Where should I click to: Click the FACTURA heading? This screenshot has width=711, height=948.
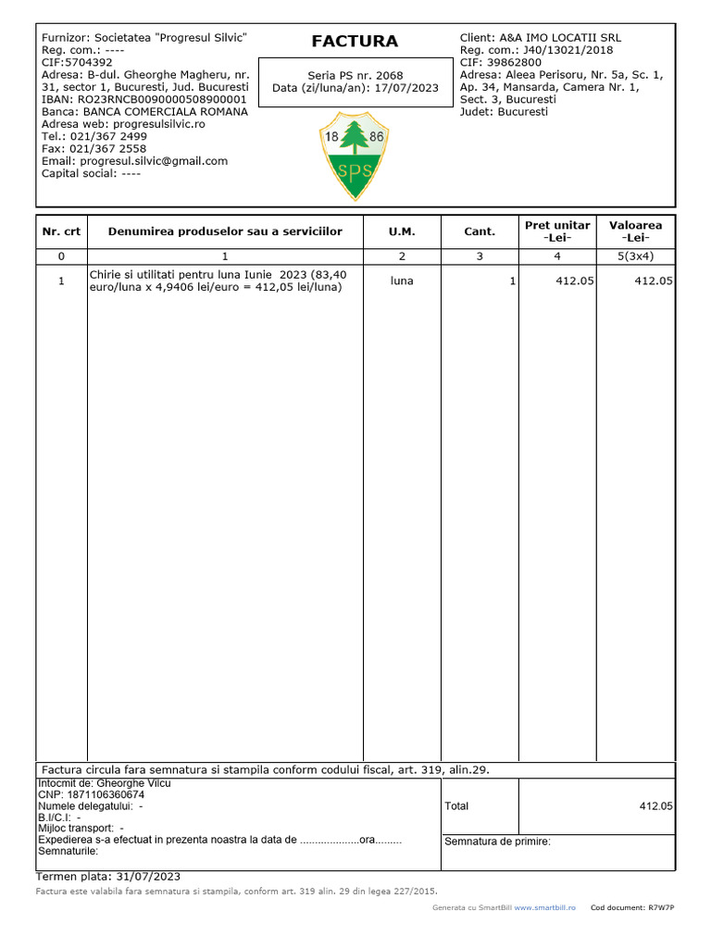point(355,41)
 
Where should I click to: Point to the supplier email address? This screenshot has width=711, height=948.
point(155,160)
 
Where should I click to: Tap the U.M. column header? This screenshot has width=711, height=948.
point(402,231)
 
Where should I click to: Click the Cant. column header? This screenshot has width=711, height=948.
point(480,231)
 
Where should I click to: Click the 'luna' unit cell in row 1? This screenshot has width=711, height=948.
point(402,280)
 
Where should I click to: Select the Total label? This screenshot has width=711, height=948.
point(456,806)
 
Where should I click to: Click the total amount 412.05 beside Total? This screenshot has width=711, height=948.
point(655,806)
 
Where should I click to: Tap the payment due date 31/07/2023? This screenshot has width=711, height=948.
point(148,876)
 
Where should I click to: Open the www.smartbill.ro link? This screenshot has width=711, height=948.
point(544,908)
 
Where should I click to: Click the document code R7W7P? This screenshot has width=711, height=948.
point(661,908)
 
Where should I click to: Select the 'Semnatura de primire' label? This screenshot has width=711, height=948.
point(497,842)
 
